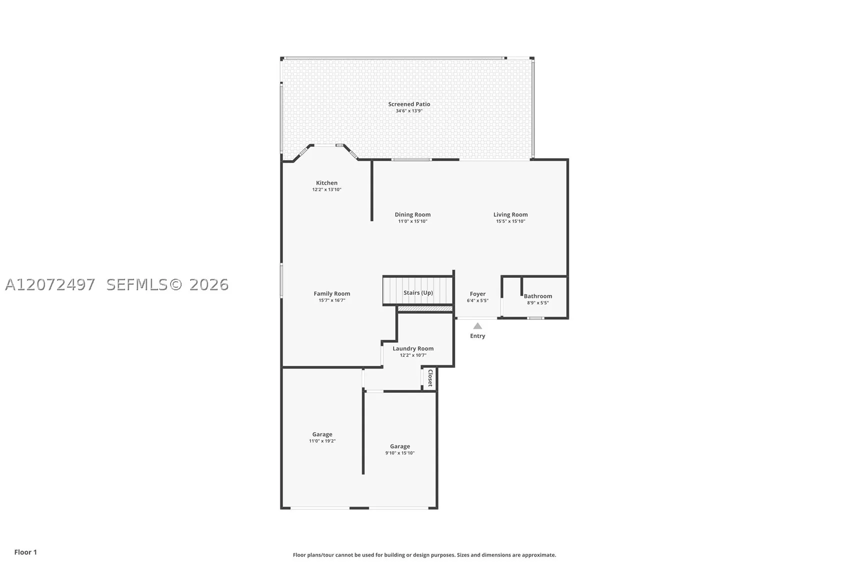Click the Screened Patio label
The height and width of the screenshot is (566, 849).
point(409,104)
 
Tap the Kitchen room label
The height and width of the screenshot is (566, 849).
point(327,183)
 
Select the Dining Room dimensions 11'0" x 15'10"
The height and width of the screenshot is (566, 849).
point(412,221)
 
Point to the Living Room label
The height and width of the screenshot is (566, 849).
point(510,215)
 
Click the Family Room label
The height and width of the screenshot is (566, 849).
point(332,293)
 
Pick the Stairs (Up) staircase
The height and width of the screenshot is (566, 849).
point(418,291)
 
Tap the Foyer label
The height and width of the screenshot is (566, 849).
point(478,294)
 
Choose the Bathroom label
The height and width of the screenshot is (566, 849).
point(538,296)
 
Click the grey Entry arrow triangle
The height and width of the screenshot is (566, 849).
point(478,326)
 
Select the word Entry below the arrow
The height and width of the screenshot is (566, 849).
point(478,336)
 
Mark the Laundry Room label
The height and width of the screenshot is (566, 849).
point(413,348)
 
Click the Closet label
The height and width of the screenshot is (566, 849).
point(430,378)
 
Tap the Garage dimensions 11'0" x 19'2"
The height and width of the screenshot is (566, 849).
point(322,441)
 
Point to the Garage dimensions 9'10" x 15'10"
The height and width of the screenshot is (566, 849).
point(400,453)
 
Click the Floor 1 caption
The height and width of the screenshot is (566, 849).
point(26,552)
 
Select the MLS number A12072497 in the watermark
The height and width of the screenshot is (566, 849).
point(50,285)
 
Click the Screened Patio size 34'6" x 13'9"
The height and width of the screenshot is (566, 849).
point(409,111)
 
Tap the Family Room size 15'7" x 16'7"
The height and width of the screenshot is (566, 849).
point(332,300)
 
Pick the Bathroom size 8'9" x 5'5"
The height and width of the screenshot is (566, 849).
point(538,303)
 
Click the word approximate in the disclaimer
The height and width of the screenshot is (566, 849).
point(539,555)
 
